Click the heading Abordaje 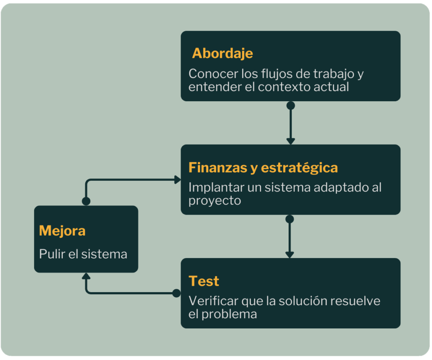(222, 54)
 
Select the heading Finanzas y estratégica (263, 167)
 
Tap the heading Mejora (62, 231)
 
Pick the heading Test (204, 281)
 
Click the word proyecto (214, 201)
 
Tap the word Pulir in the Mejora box (50, 254)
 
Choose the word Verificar (213, 301)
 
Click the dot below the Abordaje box (290, 105)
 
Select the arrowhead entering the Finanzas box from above (290, 141)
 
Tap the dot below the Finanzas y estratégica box (289, 219)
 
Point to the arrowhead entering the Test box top (289, 254)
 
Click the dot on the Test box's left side (176, 293)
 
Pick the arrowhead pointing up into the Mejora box (86, 277)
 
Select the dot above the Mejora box (86, 201)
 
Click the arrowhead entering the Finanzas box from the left (177, 180)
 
